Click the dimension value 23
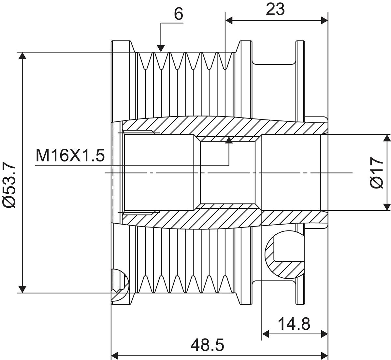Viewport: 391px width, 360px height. click(x=275, y=9)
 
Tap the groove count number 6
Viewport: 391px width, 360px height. click(x=179, y=14)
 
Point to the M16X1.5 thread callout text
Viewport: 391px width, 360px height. click(x=70, y=156)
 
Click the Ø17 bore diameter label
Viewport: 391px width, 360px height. click(x=376, y=173)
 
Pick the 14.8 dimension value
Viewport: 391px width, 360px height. click(x=294, y=324)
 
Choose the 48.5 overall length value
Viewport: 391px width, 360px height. click(x=207, y=345)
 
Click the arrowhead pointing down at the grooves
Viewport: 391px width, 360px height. click(x=161, y=48)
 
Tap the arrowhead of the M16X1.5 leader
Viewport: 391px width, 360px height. click(x=229, y=140)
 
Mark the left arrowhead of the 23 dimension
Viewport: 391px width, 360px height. click(x=229, y=20)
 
